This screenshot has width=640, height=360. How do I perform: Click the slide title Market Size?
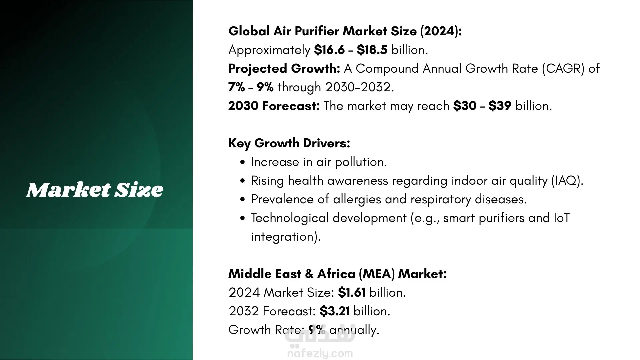(x=95, y=190)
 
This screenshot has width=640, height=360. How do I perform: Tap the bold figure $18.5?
(x=372, y=50)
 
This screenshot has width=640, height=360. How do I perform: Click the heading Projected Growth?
(x=284, y=69)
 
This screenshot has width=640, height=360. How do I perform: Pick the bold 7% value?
(x=237, y=87)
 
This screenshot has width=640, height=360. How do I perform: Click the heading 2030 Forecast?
(x=274, y=106)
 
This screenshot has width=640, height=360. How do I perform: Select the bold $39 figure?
(x=500, y=106)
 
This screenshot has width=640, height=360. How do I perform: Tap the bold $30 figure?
(x=465, y=106)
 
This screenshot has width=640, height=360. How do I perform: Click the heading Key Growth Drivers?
(x=289, y=143)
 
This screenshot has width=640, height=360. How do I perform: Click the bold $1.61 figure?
(x=352, y=293)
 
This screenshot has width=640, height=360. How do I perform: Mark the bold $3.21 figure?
(x=335, y=311)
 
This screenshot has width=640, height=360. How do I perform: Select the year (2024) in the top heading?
(x=441, y=31)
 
